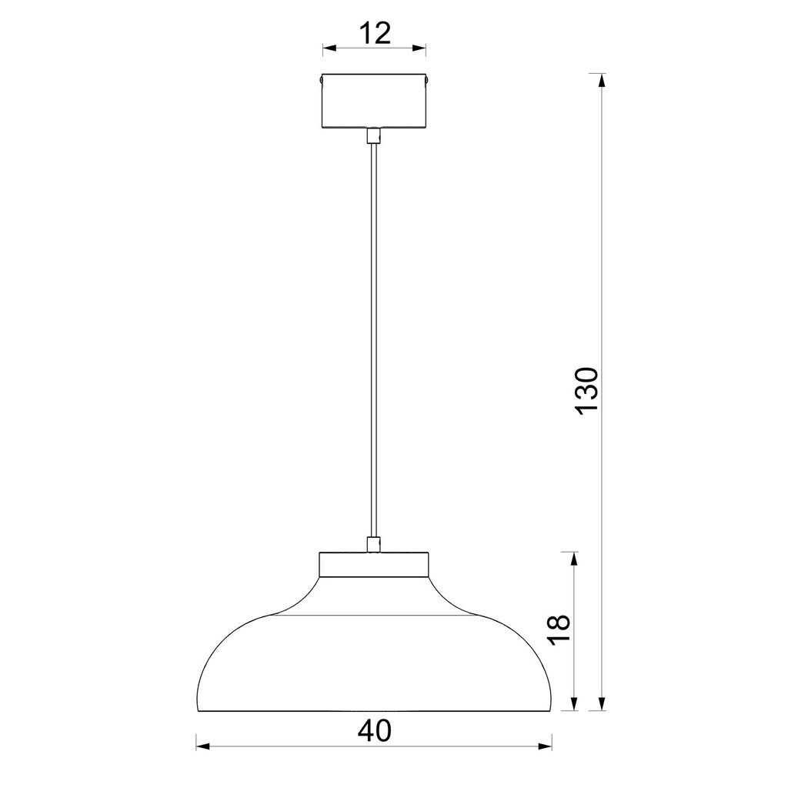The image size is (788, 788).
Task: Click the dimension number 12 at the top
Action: click(375, 33)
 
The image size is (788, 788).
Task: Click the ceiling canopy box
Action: click(374, 101)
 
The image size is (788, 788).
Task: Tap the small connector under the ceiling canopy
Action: click(373, 135)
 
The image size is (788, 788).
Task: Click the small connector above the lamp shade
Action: click(373, 545)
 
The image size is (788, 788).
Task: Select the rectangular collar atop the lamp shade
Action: click(374, 564)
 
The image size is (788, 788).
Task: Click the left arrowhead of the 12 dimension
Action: click(329, 48)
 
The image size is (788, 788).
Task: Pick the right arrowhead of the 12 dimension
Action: click(419, 48)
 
